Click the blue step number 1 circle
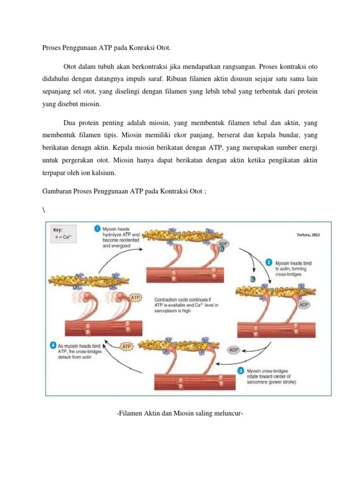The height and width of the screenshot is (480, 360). click(97, 228)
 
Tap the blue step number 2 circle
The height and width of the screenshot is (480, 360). click(269, 263)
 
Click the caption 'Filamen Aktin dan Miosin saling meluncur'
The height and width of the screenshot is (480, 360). click(180, 413)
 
